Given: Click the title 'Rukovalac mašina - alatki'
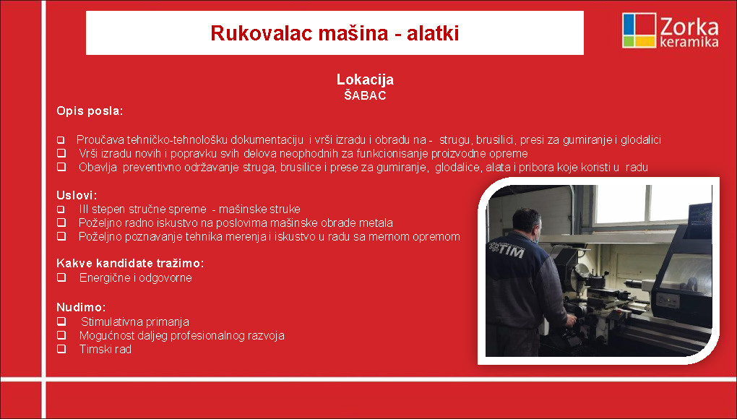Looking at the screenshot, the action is coord(335,33).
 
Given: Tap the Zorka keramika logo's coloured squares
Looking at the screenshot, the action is coord(639,30).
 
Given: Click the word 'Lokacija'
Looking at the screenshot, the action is coord(365,80).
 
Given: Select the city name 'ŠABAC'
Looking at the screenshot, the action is coord(365,95).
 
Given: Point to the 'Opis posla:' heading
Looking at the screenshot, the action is coord(90,111).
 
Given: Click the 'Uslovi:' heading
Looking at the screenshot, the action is coord(77,195).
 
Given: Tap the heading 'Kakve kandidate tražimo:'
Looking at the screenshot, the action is coord(130,263).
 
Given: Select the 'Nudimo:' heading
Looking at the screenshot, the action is coord(82,307).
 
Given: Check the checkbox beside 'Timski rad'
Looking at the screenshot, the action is coord(61,349).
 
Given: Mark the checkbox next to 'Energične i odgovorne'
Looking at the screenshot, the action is coord(61,277).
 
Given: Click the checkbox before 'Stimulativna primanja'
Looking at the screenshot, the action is coord(61,321).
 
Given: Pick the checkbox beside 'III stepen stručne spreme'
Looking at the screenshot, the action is coord(61,209).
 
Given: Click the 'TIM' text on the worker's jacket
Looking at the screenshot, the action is coord(511,251).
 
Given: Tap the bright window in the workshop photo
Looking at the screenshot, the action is coord(653,204).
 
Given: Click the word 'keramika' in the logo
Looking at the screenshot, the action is coord(689,43).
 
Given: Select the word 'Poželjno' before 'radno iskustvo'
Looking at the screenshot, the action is coord(99,223).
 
